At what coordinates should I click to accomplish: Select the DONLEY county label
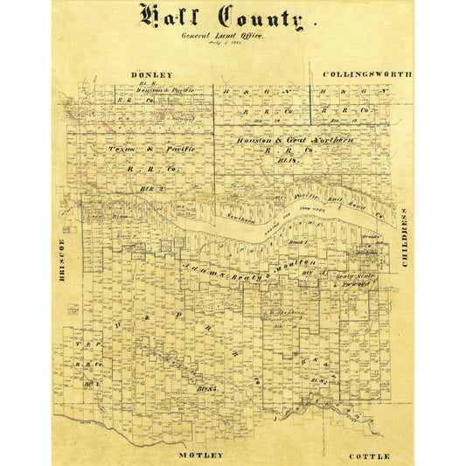(x=151, y=75)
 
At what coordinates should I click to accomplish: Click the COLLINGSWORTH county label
(x=367, y=75)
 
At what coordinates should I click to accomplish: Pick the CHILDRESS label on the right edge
(x=405, y=237)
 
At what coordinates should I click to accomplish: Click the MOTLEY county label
(x=202, y=455)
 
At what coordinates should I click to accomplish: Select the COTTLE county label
(x=368, y=456)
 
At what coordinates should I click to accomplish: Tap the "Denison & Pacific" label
(x=145, y=90)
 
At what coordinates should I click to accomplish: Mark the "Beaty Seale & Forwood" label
(x=360, y=279)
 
